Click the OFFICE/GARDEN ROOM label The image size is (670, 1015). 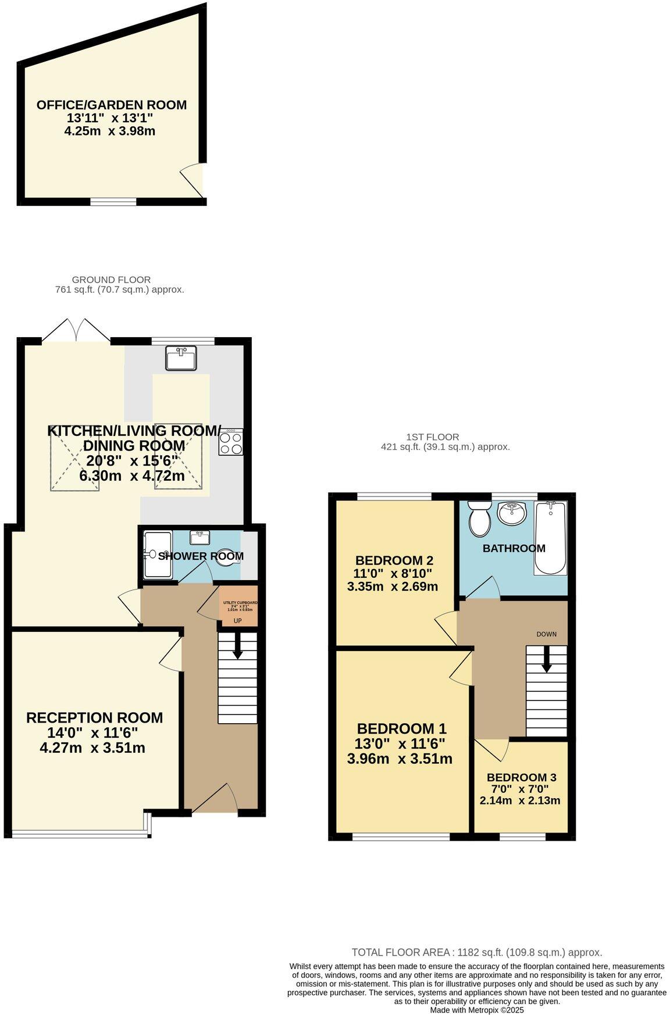click(112, 105)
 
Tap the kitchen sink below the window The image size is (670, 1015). click(181, 358)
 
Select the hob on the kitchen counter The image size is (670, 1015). click(231, 442)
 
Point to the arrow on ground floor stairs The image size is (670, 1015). click(237, 646)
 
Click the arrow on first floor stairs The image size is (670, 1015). click(547, 659)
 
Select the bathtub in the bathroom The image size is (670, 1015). click(550, 538)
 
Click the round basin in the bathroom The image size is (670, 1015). click(512, 513)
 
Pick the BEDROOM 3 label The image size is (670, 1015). click(521, 777)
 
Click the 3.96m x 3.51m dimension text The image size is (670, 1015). click(400, 759)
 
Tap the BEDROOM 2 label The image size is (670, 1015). click(394, 561)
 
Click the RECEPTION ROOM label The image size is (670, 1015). click(94, 718)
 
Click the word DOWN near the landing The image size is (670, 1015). click(546, 634)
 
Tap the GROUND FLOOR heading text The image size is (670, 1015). click(111, 280)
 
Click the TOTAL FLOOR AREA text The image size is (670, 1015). click(401, 952)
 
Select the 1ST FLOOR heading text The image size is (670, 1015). click(432, 437)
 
